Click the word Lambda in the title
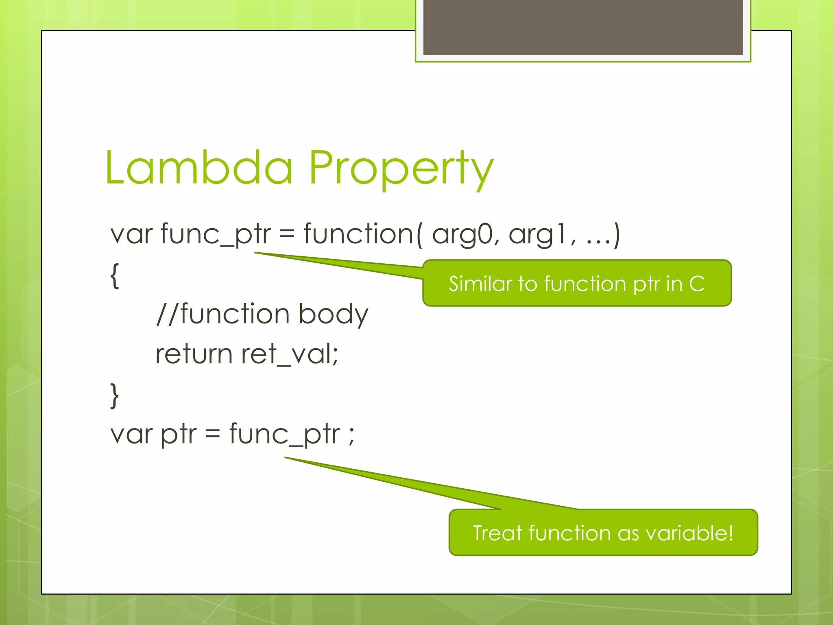[x=198, y=168]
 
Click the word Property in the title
[x=401, y=169]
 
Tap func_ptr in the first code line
[x=216, y=235]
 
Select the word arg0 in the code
[x=462, y=235]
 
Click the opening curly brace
[x=115, y=275]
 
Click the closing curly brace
[x=115, y=395]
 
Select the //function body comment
[x=262, y=315]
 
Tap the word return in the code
[x=194, y=354]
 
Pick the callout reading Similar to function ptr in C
[x=577, y=283]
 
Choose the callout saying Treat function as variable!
[x=603, y=533]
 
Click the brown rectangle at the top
[x=582, y=27]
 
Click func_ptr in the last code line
[x=285, y=434]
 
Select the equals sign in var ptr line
[x=212, y=435]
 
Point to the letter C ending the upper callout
[x=697, y=284]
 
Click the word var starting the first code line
[x=131, y=235]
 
